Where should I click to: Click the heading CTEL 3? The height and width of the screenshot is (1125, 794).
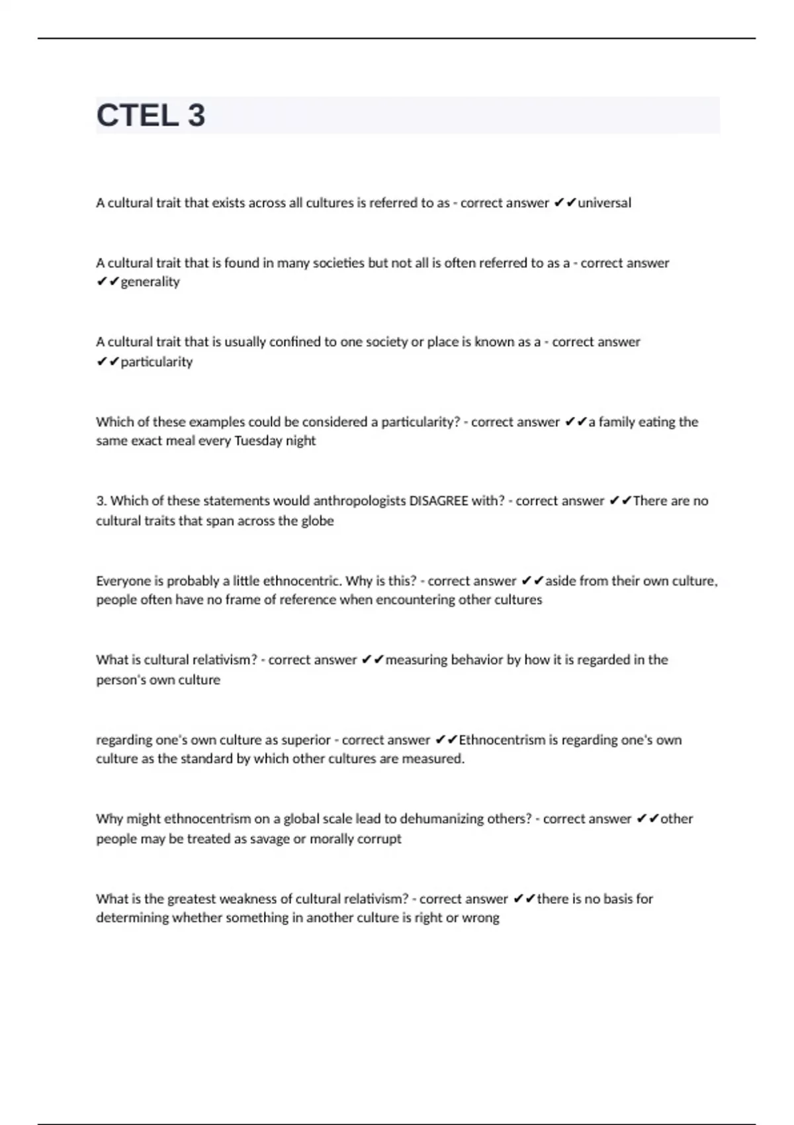point(151,116)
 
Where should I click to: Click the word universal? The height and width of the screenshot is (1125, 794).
point(604,203)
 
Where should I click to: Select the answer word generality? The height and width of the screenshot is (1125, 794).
point(150,283)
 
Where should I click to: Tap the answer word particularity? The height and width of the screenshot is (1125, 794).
point(157,362)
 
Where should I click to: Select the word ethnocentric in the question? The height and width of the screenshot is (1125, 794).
point(302,581)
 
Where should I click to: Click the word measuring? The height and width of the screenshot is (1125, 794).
point(416,660)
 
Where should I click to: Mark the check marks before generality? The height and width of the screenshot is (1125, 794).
point(107,283)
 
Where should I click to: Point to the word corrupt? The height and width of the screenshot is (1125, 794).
point(379,839)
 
